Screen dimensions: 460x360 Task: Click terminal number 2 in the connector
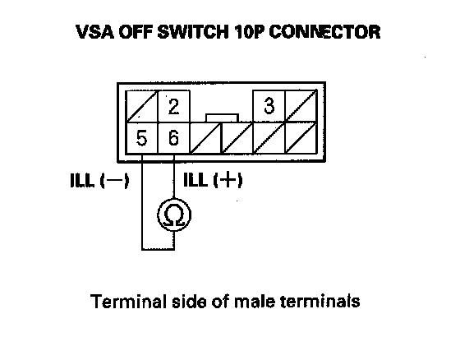point(173,106)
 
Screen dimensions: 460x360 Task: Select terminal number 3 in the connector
point(269,106)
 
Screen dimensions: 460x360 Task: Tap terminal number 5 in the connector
point(141,138)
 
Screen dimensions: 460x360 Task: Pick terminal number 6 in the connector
point(173,138)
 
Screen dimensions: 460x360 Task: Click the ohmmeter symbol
point(174,215)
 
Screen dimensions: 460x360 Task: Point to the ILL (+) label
point(213,180)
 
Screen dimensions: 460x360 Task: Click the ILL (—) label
point(99,180)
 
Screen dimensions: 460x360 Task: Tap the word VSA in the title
point(94,32)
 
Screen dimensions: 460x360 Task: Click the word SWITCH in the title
point(193,32)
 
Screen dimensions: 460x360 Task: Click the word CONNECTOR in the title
point(324,32)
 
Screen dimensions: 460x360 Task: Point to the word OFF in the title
point(136,32)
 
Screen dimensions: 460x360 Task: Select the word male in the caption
point(255,301)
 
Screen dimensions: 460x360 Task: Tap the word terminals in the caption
point(320,301)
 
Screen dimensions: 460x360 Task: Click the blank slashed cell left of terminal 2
point(141,106)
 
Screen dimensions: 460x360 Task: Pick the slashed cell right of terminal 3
point(301,106)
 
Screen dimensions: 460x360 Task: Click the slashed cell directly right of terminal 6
point(205,138)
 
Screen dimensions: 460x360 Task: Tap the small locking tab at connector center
point(222,118)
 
